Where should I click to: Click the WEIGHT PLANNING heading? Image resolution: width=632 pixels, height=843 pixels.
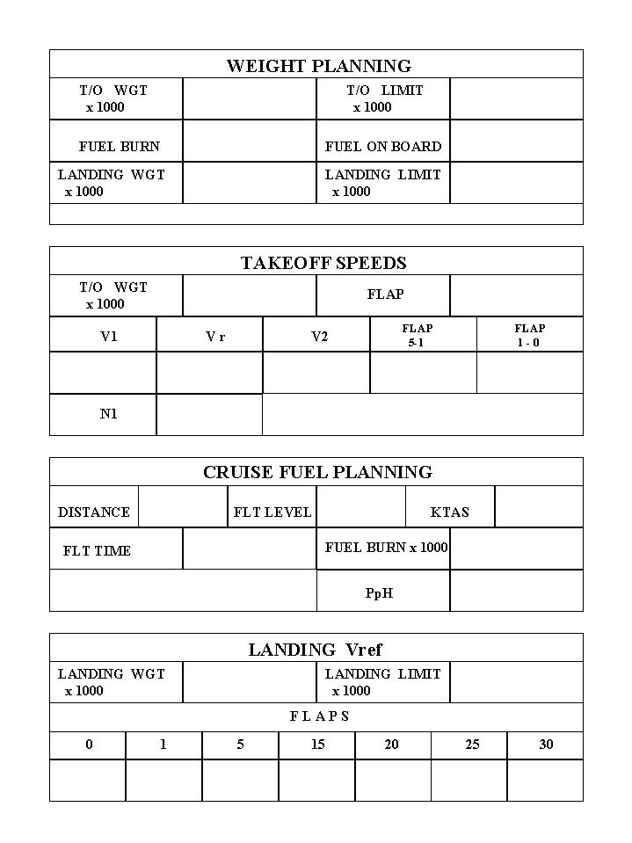[318, 66]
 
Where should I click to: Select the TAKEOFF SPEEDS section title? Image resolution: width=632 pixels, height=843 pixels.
[323, 263]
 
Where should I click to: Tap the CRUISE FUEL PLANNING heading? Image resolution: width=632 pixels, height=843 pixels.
[317, 472]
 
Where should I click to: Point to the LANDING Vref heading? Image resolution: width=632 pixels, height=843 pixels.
[316, 650]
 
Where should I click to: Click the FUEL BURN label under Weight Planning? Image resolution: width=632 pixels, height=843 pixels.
[120, 147]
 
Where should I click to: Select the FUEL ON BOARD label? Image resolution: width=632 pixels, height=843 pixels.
[383, 147]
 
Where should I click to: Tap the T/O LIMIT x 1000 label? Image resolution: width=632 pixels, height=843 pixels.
[384, 98]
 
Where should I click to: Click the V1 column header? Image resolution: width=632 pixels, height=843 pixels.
[108, 337]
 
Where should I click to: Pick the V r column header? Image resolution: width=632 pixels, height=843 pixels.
[215, 337]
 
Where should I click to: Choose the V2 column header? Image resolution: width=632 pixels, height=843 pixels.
[320, 337]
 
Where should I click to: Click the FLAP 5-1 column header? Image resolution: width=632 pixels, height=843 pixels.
[418, 335]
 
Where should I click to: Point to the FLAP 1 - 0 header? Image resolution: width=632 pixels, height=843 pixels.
[529, 335]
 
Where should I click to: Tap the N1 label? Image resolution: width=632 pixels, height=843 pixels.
[108, 414]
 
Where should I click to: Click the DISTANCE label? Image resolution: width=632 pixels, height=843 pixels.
[94, 512]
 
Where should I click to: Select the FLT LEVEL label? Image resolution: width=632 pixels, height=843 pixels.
[272, 512]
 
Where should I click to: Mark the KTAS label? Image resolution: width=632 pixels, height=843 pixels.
[450, 512]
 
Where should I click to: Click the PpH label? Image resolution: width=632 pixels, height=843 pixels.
[379, 593]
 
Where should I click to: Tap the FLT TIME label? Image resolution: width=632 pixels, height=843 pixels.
[97, 551]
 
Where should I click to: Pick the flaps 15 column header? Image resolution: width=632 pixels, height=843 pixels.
[317, 745]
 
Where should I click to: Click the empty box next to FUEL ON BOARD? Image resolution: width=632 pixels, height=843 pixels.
[516, 141]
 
